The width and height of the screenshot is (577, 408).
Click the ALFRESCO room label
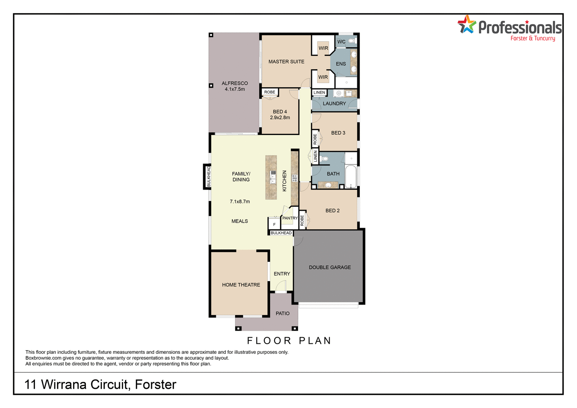click(x=235, y=83)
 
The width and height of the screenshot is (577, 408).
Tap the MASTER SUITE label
click(x=286, y=62)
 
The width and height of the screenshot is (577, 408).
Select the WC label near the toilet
click(x=341, y=42)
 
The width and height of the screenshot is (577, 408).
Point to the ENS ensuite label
click(x=341, y=64)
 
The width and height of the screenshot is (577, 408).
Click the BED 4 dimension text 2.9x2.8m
click(x=280, y=118)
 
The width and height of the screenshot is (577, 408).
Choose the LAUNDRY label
click(x=334, y=103)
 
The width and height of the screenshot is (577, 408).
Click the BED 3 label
click(x=338, y=133)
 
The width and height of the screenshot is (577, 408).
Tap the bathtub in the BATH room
click(x=350, y=177)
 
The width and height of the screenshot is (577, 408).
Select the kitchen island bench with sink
click(x=271, y=177)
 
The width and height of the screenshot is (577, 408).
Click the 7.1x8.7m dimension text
click(x=240, y=202)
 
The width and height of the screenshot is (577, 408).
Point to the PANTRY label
click(x=290, y=218)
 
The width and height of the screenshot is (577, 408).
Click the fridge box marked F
click(x=274, y=224)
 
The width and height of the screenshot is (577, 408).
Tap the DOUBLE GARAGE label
click(x=330, y=267)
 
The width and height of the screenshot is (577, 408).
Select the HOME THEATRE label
click(x=241, y=285)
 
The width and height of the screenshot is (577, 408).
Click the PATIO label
click(x=282, y=313)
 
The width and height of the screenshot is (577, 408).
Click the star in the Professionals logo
click(x=467, y=25)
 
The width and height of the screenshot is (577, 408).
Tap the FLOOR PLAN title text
click(x=289, y=341)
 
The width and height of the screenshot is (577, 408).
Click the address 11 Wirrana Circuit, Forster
click(x=100, y=385)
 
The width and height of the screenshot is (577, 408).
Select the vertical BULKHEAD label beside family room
click(x=208, y=177)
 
